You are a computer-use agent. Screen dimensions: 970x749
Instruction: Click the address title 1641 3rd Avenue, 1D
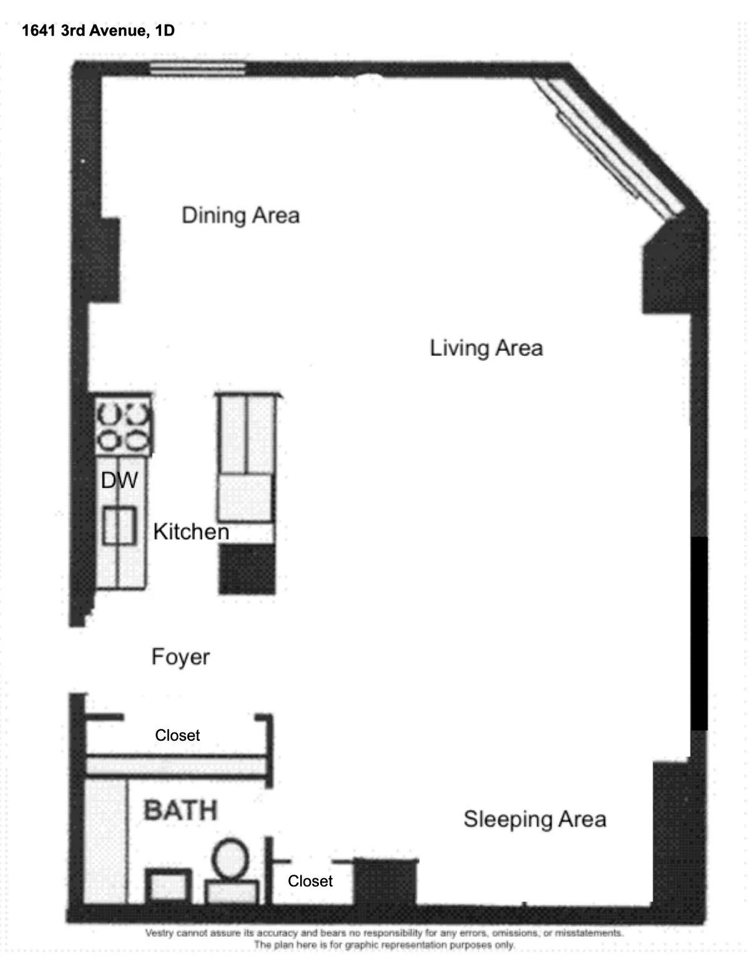point(98,31)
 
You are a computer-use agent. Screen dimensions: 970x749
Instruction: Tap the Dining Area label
point(240,215)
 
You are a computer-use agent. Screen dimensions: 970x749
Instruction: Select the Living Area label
point(486,348)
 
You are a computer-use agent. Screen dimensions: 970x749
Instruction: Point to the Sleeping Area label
point(534,819)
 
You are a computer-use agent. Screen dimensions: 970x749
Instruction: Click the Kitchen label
point(191,532)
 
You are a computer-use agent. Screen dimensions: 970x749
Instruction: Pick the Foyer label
point(180,657)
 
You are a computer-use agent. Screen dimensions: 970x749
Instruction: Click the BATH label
point(180,810)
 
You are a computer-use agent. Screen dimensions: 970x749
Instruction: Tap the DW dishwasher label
point(119,480)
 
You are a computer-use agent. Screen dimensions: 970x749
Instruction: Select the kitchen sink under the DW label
point(119,526)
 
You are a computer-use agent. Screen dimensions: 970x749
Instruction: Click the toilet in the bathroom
point(230,871)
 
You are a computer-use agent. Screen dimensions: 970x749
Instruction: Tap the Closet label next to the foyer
point(177,735)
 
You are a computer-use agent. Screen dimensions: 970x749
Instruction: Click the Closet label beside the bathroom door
point(310,881)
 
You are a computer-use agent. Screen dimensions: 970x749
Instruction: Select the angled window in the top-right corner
point(605,144)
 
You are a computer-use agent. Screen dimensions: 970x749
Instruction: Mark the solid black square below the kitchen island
point(247,568)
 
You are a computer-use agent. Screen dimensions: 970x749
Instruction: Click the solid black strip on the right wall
point(699,632)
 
